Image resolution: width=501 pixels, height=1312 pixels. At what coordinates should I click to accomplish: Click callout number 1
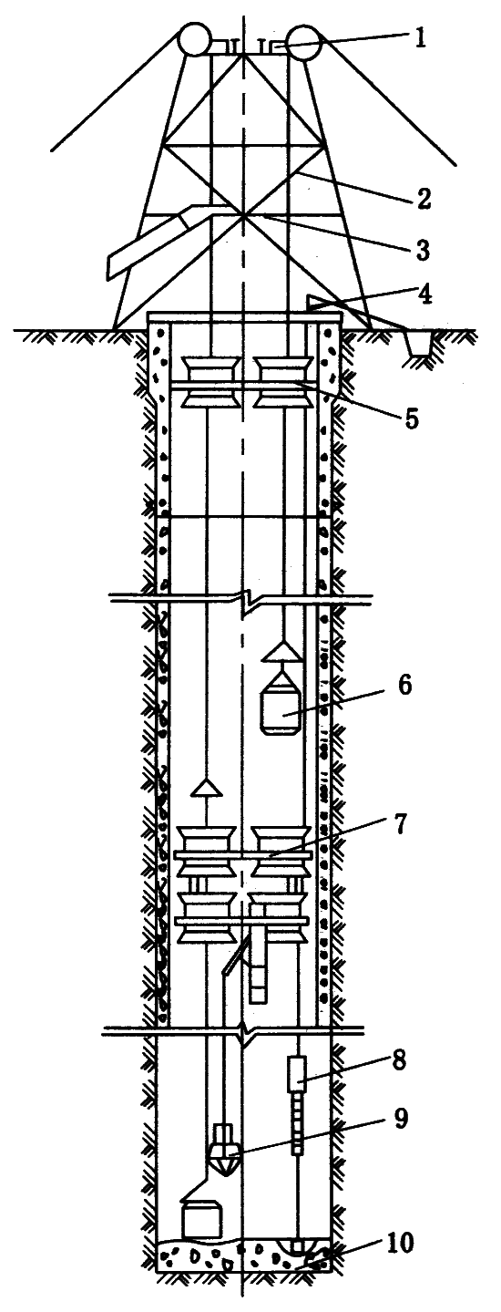pos(419,38)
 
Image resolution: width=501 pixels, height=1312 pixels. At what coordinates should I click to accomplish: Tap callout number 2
pos(423,199)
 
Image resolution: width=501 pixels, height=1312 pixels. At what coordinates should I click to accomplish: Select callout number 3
pos(421,249)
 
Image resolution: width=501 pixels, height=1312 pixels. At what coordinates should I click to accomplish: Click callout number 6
pos(404,685)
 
